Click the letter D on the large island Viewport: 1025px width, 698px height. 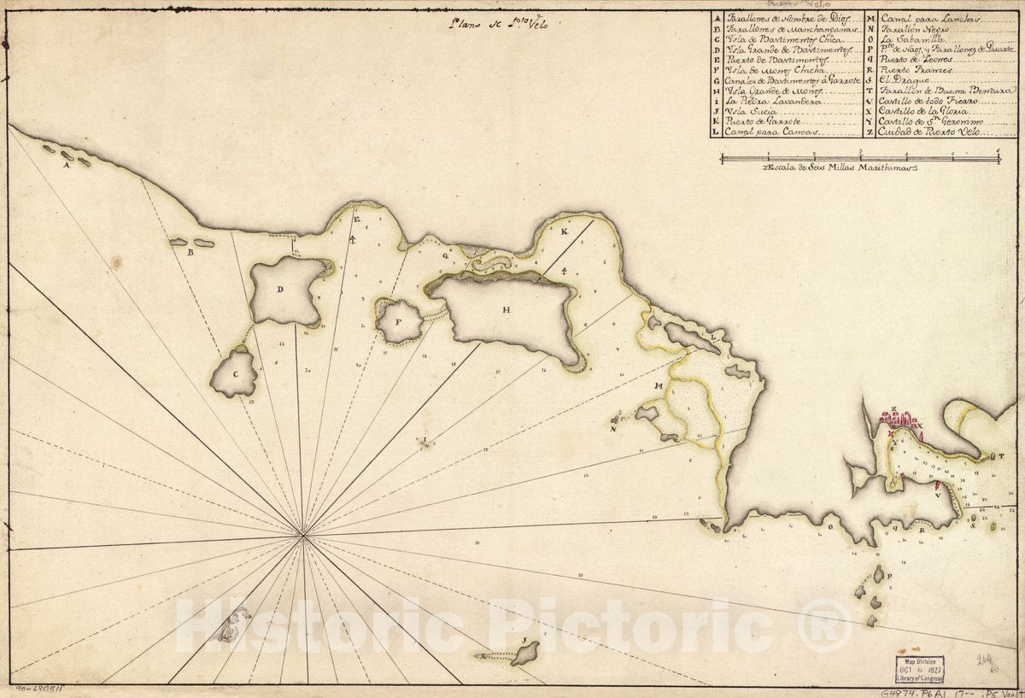point(279,289)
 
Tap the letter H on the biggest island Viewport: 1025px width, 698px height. point(507,310)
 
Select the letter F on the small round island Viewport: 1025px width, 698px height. point(398,323)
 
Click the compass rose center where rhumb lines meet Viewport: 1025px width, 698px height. point(302,536)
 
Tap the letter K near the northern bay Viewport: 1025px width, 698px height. point(565,232)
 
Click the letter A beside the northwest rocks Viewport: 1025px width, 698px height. point(66,166)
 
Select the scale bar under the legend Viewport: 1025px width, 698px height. point(859,157)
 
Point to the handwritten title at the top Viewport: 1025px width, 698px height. point(500,23)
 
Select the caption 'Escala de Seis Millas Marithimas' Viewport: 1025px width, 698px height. point(839,169)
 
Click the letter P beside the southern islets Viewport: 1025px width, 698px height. point(889,578)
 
